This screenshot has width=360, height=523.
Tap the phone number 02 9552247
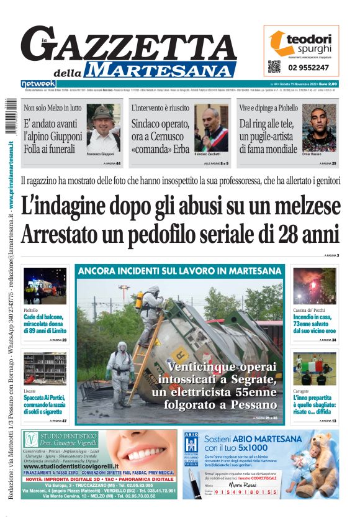click(308, 67)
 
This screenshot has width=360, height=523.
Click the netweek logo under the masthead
click(38, 84)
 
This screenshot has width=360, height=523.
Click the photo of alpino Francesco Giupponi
click(103, 127)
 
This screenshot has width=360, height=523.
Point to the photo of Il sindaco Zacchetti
click(212, 127)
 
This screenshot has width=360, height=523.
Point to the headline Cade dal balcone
click(44, 317)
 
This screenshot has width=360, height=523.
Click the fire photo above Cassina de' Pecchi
click(315, 286)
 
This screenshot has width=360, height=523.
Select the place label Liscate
click(29, 391)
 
